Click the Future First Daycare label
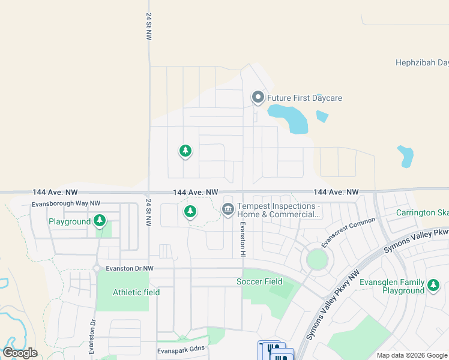point(304,98)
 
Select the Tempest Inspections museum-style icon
point(228,209)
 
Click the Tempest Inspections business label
point(278,210)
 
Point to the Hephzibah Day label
point(422,62)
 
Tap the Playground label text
point(70,222)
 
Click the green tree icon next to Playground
point(100,221)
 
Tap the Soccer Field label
point(259,281)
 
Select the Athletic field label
point(136,292)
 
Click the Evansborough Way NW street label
point(66,204)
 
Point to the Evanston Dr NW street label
point(130,268)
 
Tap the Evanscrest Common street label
point(348,232)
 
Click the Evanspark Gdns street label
point(181,349)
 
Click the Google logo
point(20,352)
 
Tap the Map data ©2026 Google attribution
point(412,355)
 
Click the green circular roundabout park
point(317,260)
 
